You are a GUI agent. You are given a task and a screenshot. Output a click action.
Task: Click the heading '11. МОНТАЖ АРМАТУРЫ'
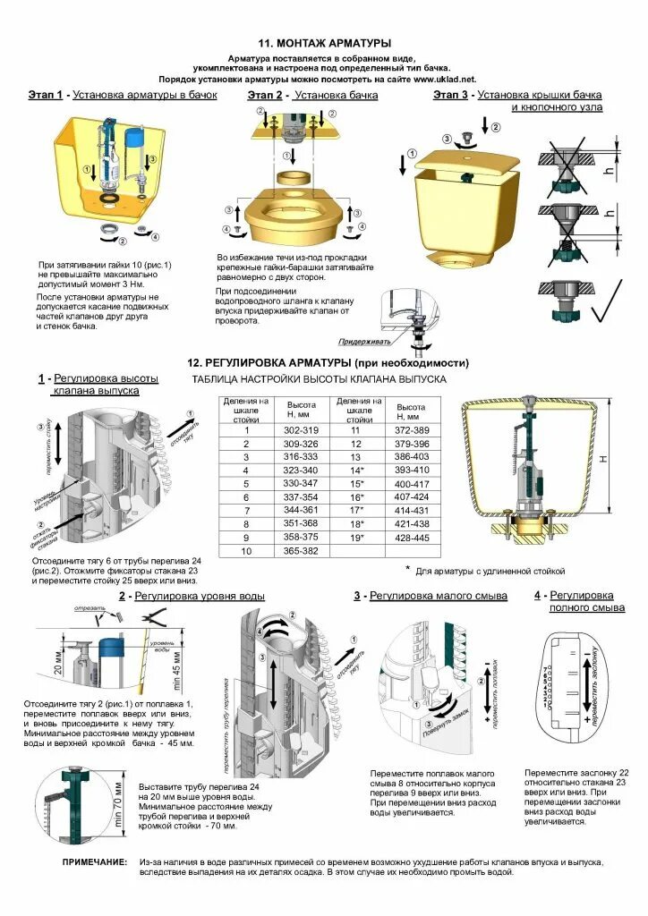pos(324,43)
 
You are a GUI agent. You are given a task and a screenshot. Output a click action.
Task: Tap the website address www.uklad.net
pos(447,79)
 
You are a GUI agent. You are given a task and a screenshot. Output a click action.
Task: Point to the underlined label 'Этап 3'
pos(451,95)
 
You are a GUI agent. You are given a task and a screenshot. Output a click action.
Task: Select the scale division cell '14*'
pos(357,469)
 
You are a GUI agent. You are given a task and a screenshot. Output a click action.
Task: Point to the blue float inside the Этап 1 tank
pos(134,140)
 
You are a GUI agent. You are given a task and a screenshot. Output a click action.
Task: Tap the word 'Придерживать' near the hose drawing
pos(365,342)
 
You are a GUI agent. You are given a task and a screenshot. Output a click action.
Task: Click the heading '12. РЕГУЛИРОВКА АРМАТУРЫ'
pos(328,363)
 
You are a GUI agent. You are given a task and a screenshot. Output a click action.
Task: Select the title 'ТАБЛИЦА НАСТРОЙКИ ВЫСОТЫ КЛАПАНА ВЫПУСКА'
pos(319,379)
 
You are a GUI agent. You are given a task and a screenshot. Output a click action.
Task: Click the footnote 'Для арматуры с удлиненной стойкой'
pos(490,570)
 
